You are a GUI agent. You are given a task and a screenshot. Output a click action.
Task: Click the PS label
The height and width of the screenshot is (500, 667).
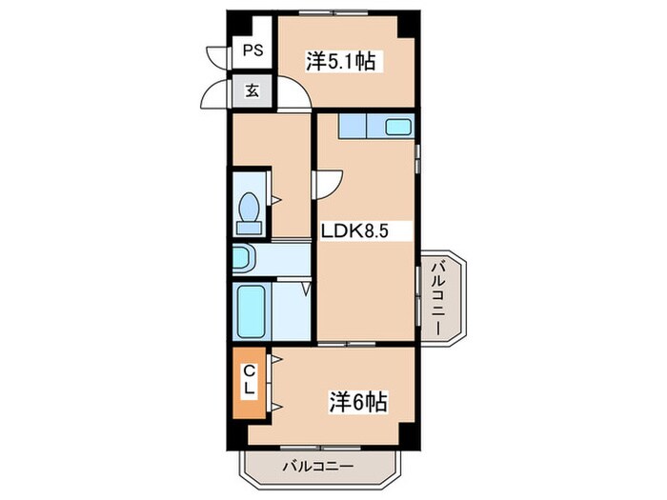(x=253, y=51)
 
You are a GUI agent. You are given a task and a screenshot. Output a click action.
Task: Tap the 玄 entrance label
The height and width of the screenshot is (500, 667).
(x=253, y=92)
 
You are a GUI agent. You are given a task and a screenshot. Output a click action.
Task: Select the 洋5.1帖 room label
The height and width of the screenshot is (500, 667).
(x=340, y=62)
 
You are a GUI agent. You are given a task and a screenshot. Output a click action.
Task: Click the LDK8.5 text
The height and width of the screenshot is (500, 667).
(x=353, y=230)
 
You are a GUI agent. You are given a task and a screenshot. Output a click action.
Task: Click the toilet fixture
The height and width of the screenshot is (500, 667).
(x=251, y=212)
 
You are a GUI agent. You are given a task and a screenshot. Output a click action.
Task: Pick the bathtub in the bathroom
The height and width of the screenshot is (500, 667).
(x=253, y=310)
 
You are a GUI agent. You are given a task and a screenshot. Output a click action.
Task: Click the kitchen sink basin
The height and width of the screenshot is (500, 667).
(x=396, y=126)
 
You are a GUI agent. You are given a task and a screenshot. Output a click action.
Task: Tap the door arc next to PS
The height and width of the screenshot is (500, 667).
(x=219, y=53)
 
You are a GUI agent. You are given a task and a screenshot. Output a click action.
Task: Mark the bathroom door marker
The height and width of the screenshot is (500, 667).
(x=306, y=286)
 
